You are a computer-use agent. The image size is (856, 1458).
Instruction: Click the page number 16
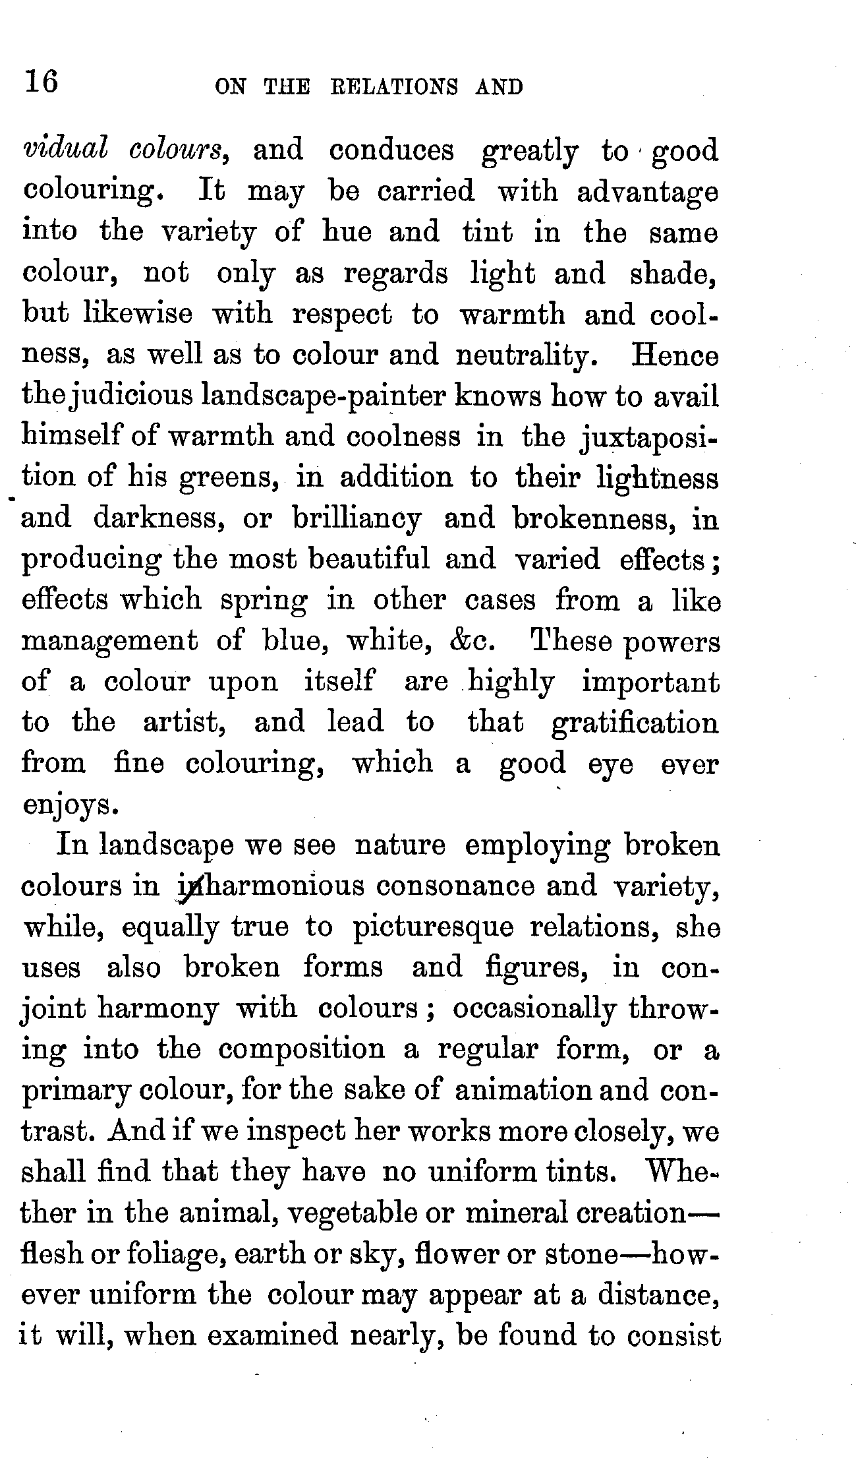[x=42, y=83]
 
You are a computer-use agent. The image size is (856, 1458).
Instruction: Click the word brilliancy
[x=357, y=520]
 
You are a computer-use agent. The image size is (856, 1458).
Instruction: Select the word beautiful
[x=369, y=560]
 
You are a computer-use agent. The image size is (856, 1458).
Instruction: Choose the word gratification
[x=635, y=723]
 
